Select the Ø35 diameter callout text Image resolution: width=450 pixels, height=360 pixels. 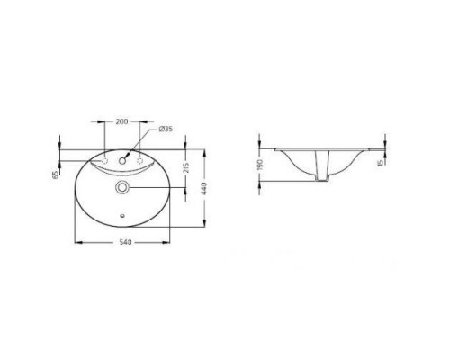(166, 130)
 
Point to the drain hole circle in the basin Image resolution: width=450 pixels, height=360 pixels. (122, 187)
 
